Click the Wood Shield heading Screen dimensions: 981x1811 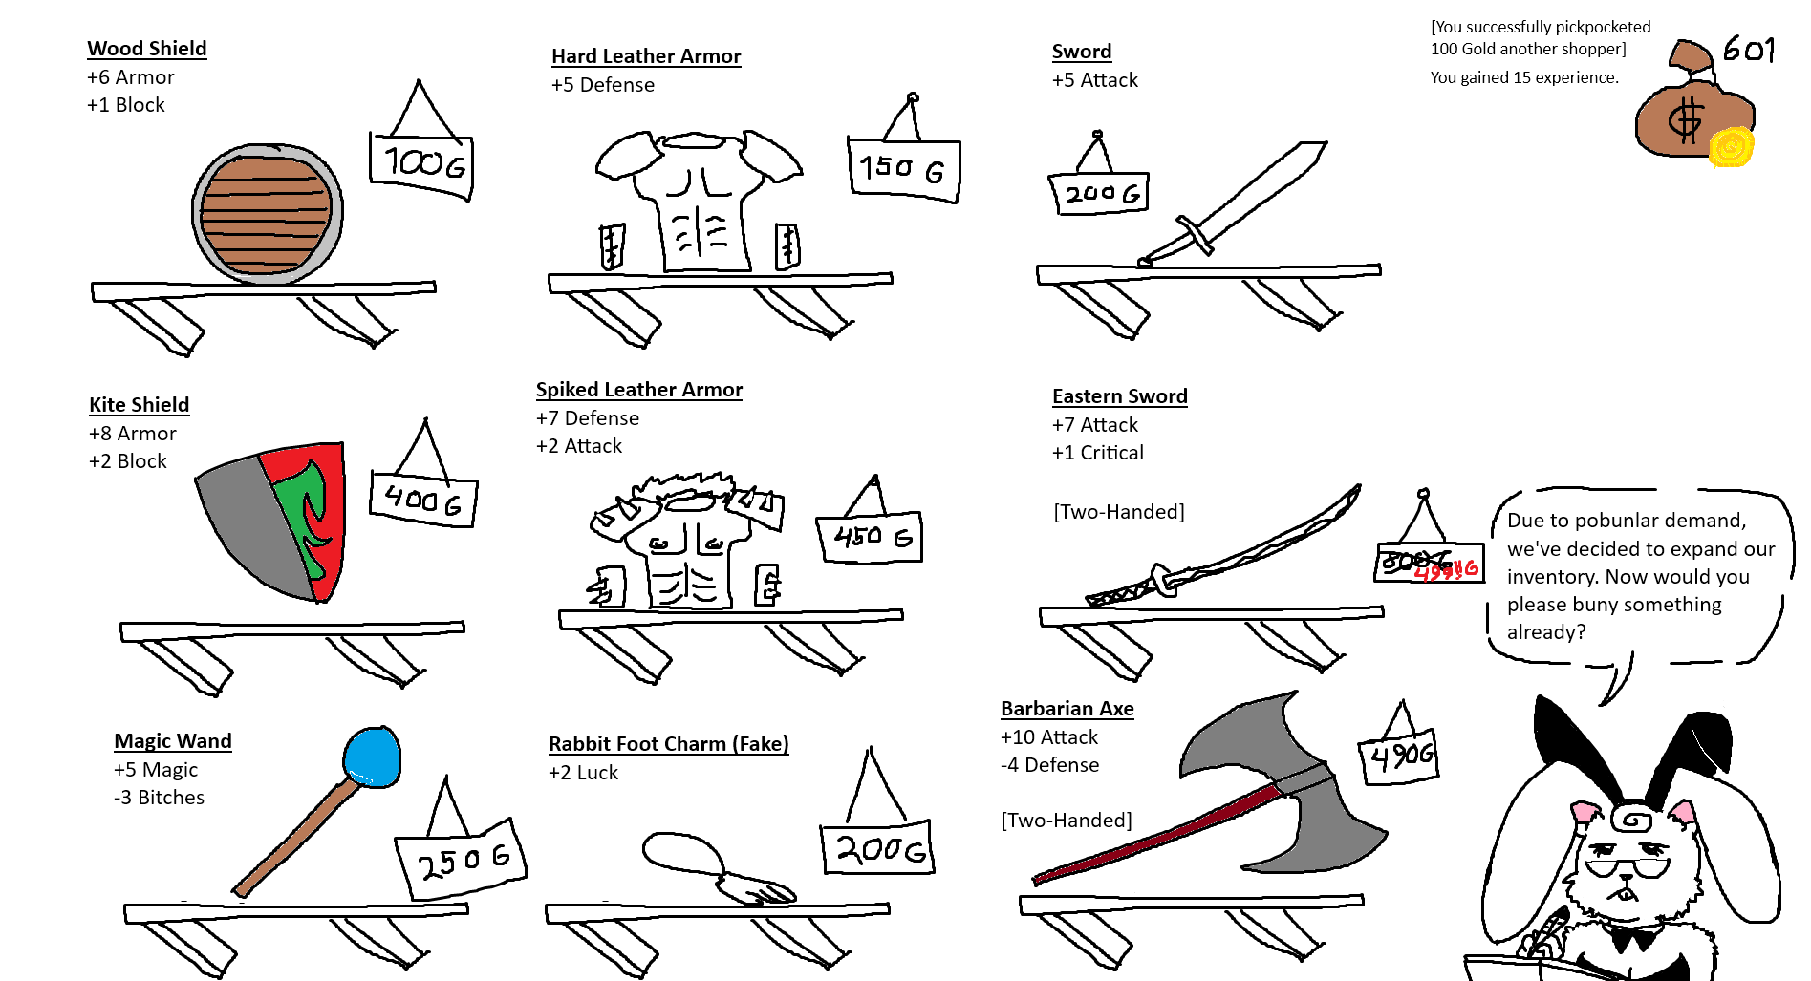coord(146,49)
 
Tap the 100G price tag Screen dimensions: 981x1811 coord(421,165)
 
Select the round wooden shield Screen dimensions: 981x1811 coord(267,213)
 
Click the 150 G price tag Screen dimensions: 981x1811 coord(903,169)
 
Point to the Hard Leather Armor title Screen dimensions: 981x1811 coord(646,56)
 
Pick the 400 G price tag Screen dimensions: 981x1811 coord(422,500)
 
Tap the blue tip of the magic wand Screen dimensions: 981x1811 coord(371,757)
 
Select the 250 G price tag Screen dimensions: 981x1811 coord(461,860)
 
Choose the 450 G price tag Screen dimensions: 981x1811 coord(870,538)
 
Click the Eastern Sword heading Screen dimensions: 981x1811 coord(1119,396)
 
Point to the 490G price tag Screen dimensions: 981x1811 coord(1399,757)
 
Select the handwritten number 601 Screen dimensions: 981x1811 coord(1748,50)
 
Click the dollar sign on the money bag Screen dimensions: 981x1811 coord(1685,120)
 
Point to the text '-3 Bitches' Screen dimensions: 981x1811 coord(159,798)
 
